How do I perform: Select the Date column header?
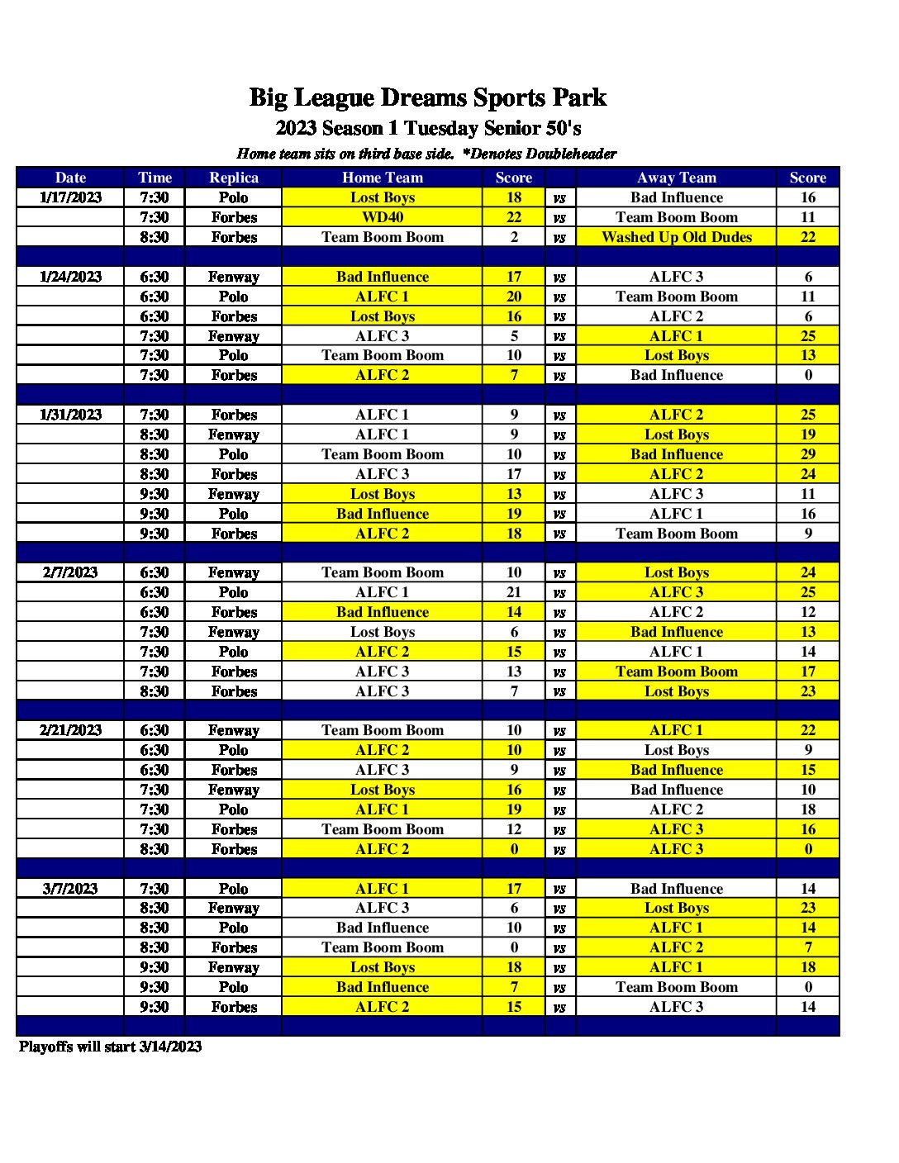(70, 178)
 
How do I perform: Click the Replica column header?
(234, 178)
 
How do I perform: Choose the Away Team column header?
(677, 178)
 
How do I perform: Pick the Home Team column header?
(383, 178)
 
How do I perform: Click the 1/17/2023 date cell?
(70, 197)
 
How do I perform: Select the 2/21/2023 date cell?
(70, 730)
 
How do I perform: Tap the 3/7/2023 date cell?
(70, 889)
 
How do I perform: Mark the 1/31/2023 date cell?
(70, 415)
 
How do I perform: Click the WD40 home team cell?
(383, 217)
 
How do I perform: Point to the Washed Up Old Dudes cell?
(677, 237)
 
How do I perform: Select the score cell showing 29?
(808, 454)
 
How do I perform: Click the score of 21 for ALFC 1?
(514, 592)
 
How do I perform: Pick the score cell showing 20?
(514, 297)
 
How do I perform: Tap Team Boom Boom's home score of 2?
(514, 237)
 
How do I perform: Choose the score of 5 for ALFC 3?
(514, 336)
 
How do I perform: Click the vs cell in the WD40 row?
(559, 218)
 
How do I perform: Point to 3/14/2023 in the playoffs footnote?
(170, 1047)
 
